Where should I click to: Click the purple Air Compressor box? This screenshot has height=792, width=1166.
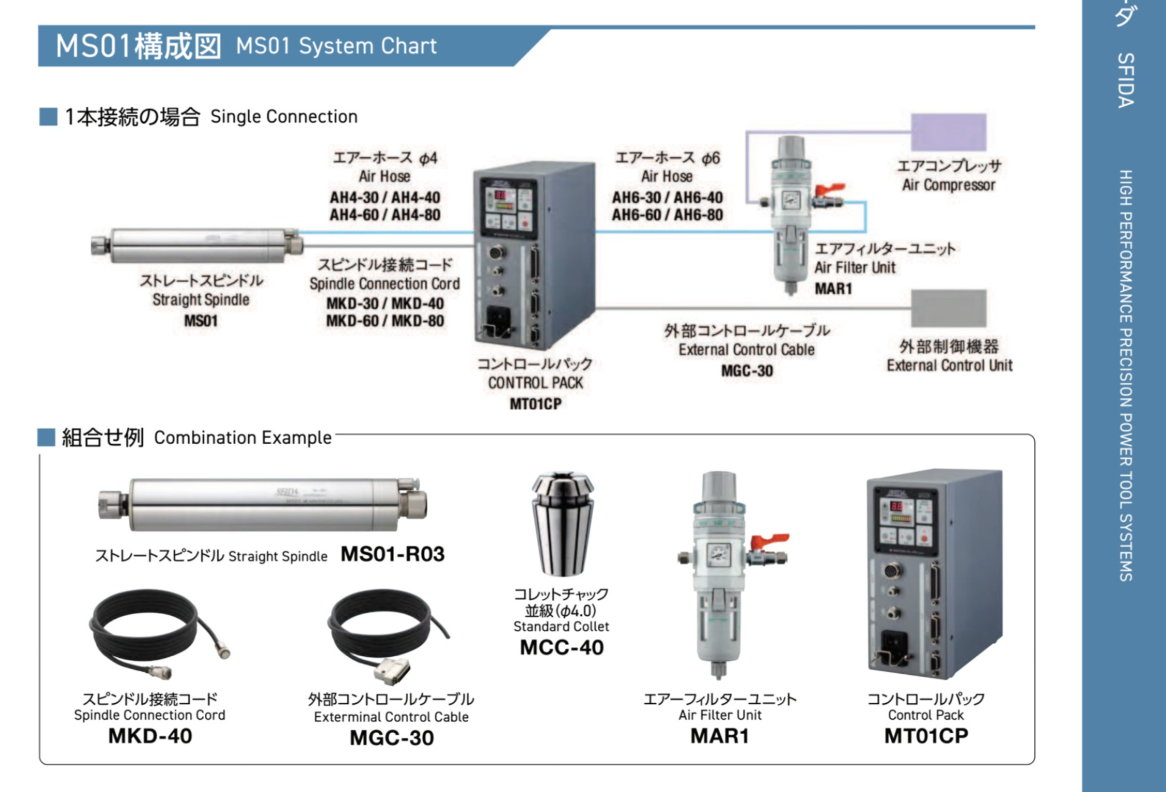948,132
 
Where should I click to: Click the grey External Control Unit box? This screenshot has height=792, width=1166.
948,308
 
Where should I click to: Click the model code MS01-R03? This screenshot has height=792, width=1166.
392,554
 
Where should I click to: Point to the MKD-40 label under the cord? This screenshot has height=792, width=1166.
150,736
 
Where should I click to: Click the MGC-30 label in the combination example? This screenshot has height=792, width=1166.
392,738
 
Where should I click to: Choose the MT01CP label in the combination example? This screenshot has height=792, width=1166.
926,736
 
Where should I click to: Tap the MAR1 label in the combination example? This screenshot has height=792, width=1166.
720,736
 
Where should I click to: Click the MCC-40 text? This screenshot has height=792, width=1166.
562,648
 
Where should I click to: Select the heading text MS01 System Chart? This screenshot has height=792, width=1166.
336,46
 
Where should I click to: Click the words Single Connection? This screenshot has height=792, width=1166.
284,117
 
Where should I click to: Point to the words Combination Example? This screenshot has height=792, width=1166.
242,438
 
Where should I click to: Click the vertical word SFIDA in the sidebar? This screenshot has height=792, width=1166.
1125,80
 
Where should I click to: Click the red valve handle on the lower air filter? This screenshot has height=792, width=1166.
769,540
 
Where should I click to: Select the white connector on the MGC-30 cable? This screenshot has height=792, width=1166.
391,670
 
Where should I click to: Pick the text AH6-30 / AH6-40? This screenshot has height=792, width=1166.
667,198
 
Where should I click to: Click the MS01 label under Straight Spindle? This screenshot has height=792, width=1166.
201,320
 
